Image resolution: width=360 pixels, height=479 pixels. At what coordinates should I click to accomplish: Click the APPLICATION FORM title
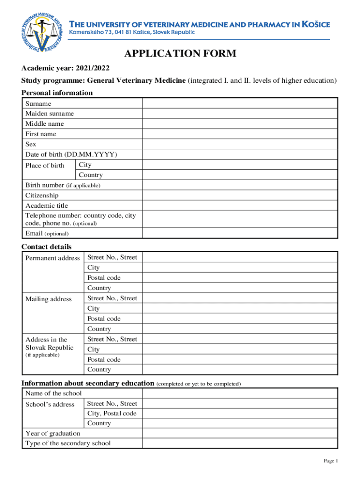point(180,54)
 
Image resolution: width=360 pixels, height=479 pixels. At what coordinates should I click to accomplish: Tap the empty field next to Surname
point(240,103)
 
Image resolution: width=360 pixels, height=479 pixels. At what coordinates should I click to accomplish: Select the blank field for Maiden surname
point(240,114)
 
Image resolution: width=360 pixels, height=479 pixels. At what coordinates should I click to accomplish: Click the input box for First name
point(240,134)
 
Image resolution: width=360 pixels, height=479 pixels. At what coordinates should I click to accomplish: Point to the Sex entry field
point(240,145)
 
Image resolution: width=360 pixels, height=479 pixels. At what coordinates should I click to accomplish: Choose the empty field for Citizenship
point(240,196)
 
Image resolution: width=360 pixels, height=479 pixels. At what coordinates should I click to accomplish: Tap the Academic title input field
point(240,206)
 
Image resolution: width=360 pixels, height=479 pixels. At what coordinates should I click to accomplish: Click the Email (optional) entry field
point(240,233)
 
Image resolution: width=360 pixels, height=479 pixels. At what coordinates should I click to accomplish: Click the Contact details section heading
point(47,247)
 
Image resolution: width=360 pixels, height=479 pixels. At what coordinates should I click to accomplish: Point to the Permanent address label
point(52,258)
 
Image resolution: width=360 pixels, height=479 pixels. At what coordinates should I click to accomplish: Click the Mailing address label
point(49,299)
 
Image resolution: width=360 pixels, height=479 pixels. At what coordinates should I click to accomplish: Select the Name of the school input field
point(240,393)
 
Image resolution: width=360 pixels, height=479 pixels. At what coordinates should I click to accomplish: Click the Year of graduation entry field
point(240,434)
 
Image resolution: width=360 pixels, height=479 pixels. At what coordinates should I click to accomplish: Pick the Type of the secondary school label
point(68,443)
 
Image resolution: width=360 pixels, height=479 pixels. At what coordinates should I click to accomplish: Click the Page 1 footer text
point(331,461)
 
